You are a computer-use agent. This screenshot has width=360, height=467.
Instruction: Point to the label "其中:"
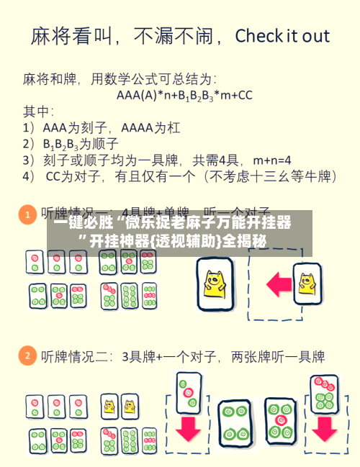coord(39,111)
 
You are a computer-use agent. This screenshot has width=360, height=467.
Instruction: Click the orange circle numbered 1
coord(27,214)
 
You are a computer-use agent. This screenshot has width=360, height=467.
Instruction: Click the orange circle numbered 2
coord(27,355)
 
